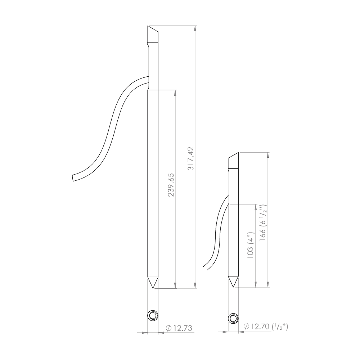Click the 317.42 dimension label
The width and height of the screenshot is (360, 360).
pos(191,158)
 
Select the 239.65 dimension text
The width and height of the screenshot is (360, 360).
pos(171,185)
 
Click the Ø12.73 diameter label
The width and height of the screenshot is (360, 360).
pos(179,328)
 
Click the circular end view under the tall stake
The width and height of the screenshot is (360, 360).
pos(153,316)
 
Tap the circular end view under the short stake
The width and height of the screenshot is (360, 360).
pos(233,318)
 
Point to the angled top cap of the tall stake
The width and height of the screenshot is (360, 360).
pos(152,35)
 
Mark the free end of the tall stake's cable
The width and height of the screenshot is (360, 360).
pos(73,177)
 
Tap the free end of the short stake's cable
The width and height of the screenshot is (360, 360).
pos(204,266)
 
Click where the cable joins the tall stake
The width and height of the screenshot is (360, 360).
pos(148,81)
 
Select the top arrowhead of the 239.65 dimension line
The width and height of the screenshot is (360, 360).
pos(175,92)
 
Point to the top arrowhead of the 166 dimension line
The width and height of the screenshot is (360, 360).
pos(267,155)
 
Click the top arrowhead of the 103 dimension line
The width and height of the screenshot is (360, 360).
pos(255,207)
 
